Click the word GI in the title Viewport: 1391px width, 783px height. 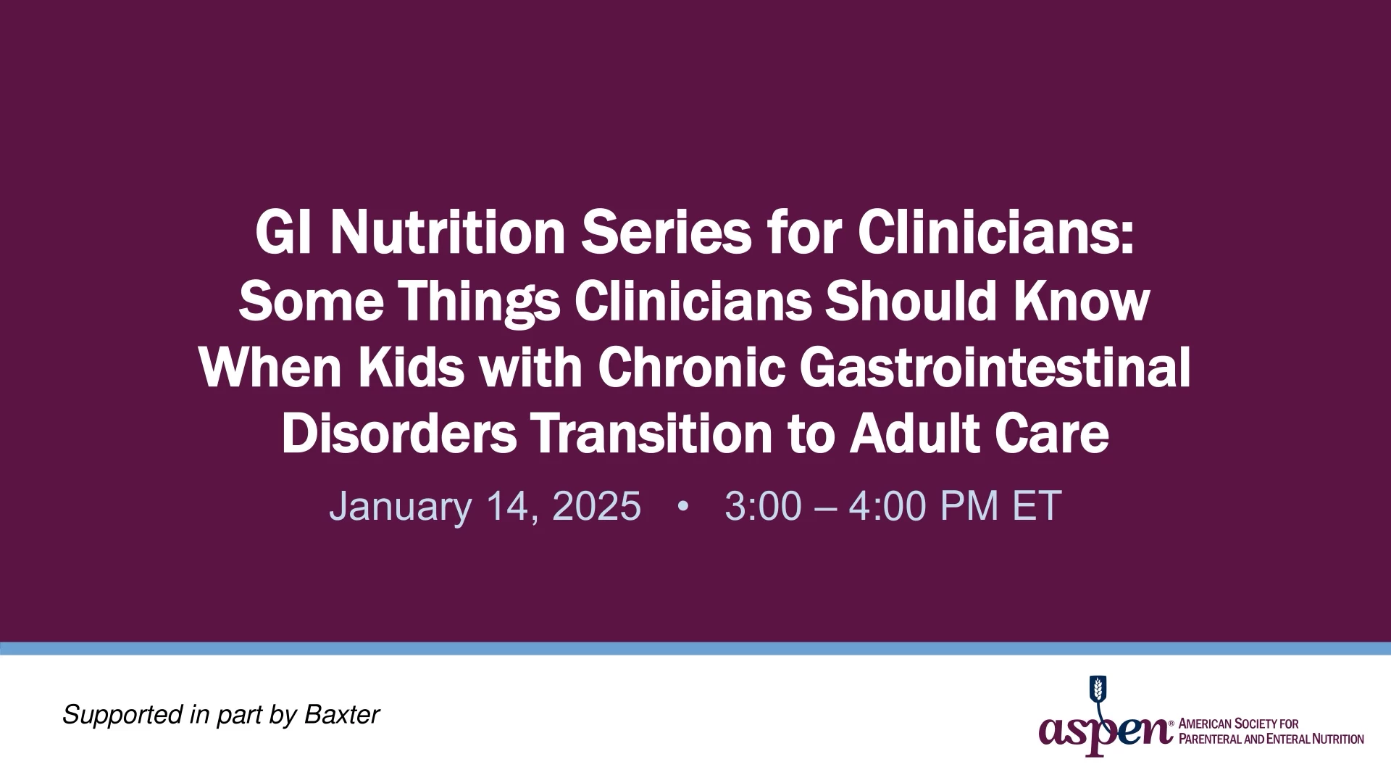pyautogui.click(x=283, y=233)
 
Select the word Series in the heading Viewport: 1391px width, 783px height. pyautogui.click(x=666, y=233)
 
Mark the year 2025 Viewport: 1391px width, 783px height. pyautogui.click(x=596, y=505)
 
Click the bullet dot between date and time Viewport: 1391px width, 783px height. pyautogui.click(x=682, y=506)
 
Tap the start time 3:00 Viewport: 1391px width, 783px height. pyautogui.click(x=763, y=505)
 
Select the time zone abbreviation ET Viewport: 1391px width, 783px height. pyautogui.click(x=1037, y=505)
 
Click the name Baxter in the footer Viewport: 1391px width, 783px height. pyautogui.click(x=342, y=715)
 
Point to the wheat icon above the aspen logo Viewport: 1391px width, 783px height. pyautogui.click(x=1099, y=689)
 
